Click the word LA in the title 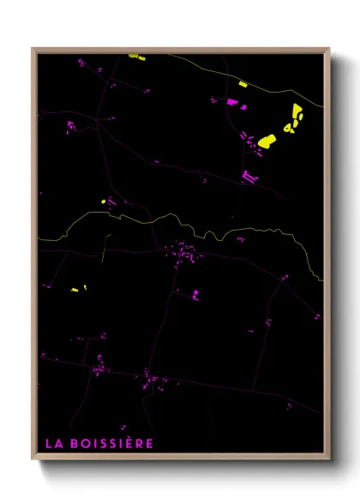[x=52, y=443]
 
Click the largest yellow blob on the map [x=267, y=140]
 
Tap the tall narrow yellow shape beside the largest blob [x=297, y=111]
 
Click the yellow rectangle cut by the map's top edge [x=135, y=57]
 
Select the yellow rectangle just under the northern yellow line [x=243, y=84]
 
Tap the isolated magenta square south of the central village [x=195, y=293]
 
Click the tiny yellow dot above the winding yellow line [x=103, y=202]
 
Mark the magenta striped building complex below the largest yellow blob [x=249, y=177]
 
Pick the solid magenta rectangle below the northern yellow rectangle [x=231, y=102]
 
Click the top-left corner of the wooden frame [x=33, y=49]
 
